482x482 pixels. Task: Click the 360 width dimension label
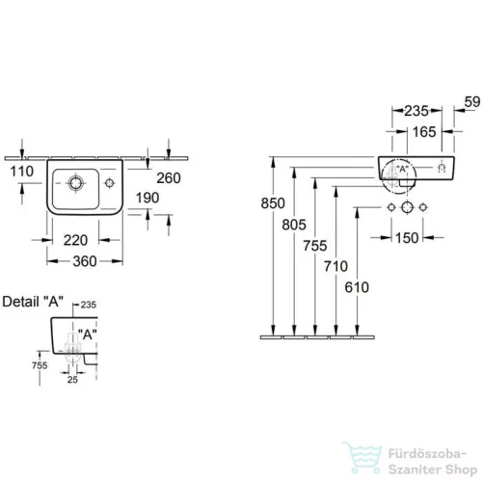coord(85,261)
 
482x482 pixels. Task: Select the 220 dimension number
coord(75,240)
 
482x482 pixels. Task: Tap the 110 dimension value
coord(22,172)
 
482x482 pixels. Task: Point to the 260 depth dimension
coord(169,178)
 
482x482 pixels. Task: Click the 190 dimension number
coord(147,198)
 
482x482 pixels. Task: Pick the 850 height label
coord(273,203)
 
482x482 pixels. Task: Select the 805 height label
coord(294,225)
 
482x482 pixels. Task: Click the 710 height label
coord(335,266)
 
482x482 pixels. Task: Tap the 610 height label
coord(357,287)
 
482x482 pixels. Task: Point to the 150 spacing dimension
coord(407,238)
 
